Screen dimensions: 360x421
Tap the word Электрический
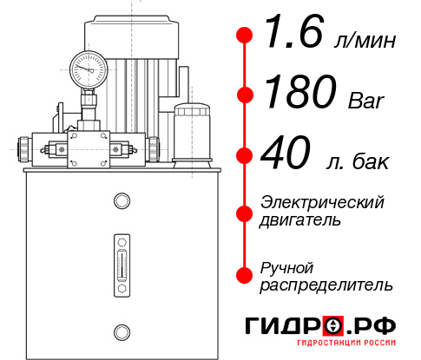(x=322, y=202)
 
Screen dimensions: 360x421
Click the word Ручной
(x=286, y=266)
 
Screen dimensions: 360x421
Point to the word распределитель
(x=326, y=285)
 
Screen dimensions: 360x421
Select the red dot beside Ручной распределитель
(x=245, y=274)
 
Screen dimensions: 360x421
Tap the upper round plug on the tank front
(x=121, y=201)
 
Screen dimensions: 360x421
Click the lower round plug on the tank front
(x=121, y=331)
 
